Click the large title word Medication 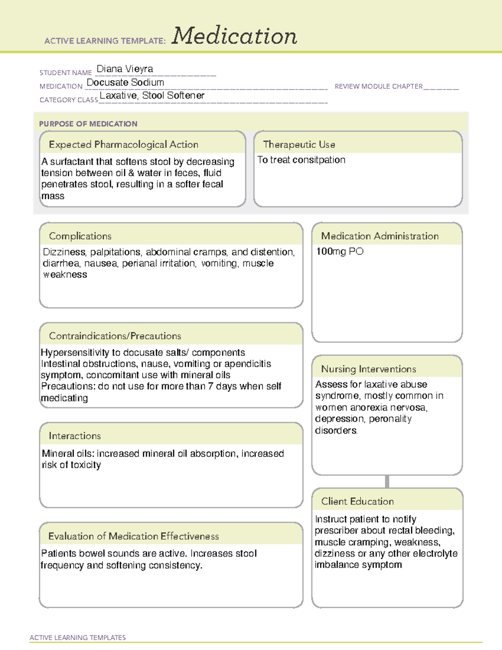(234, 36)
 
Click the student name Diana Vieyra (125, 69)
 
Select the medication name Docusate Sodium (125, 82)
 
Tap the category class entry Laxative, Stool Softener (152, 95)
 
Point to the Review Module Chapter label (379, 86)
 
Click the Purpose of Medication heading (88, 124)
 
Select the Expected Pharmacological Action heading (123, 144)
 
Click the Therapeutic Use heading (299, 144)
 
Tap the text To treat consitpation (301, 160)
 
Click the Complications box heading (80, 236)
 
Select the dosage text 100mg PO (340, 252)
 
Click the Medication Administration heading (380, 236)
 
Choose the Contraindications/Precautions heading (115, 336)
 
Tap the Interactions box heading (75, 436)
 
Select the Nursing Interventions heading (369, 369)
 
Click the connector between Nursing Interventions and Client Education (387, 482)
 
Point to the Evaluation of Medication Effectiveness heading (133, 536)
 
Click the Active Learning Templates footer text (78, 637)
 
